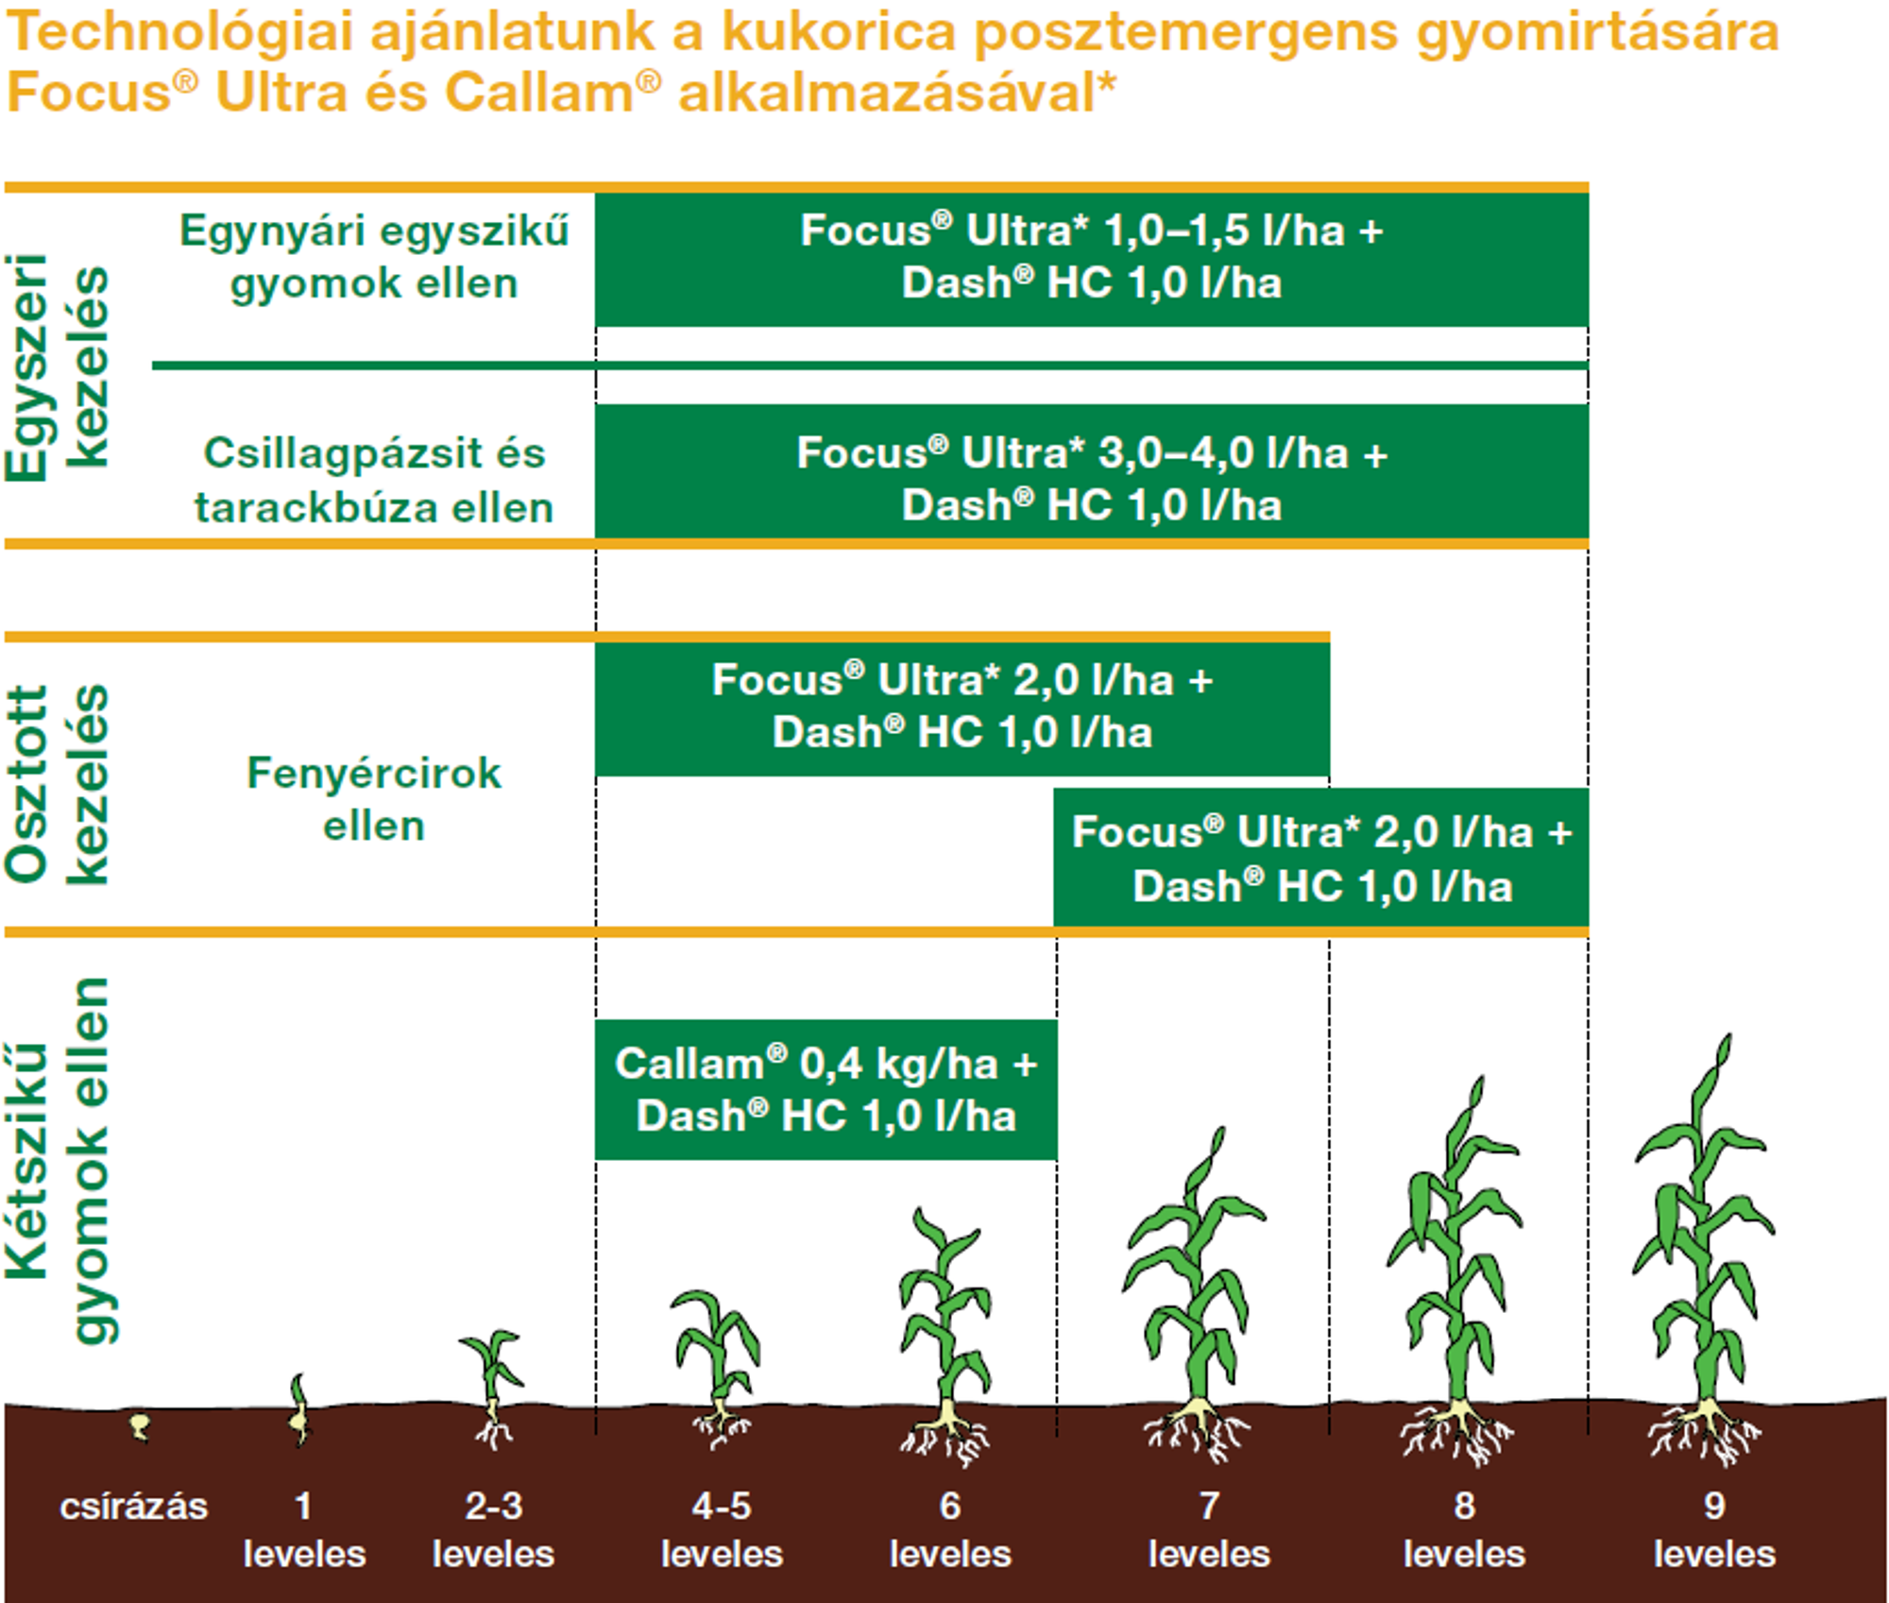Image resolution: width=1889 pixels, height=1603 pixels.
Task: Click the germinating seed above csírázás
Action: pyautogui.click(x=140, y=1426)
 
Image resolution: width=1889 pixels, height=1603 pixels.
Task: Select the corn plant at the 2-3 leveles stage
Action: pyautogui.click(x=492, y=1389)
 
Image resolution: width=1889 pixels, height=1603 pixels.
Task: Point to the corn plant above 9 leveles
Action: pyautogui.click(x=1704, y=1247)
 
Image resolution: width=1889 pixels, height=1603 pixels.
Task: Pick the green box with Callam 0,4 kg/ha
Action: pyautogui.click(x=825, y=1089)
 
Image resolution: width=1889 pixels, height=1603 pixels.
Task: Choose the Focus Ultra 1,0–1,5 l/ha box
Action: pyautogui.click(x=1092, y=258)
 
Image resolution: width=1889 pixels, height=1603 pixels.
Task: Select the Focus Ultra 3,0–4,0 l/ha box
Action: pyautogui.click(x=1092, y=471)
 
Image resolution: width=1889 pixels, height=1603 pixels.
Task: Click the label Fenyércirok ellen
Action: pyautogui.click(x=374, y=799)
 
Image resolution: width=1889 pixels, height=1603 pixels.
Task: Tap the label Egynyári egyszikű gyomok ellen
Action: pyautogui.click(x=374, y=257)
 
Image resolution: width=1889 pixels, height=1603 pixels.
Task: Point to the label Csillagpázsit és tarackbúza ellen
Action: pyautogui.click(x=374, y=480)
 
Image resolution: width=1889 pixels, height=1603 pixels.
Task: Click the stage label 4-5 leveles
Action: pyautogui.click(x=722, y=1529)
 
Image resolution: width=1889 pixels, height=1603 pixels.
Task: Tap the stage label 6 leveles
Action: pyautogui.click(x=950, y=1529)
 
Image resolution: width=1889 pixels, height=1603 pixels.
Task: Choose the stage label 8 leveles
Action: pyautogui.click(x=1464, y=1529)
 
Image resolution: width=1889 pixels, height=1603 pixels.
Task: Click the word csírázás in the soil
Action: pyautogui.click(x=133, y=1506)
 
